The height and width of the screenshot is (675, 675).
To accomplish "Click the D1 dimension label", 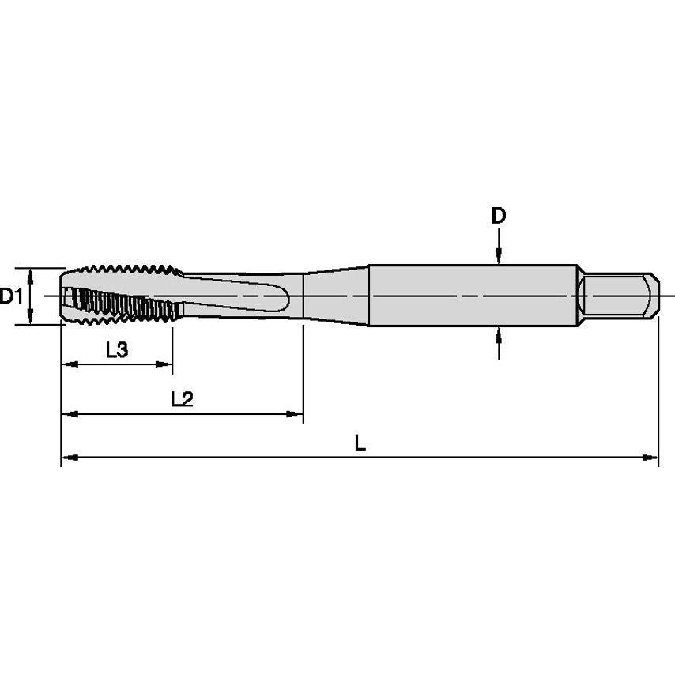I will point(10,297).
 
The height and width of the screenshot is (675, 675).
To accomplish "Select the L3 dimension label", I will point(116,350).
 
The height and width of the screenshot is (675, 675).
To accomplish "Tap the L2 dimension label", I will point(183,399).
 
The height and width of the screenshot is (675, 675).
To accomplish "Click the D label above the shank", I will point(498,217).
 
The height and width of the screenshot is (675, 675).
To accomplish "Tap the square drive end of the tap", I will point(618,296).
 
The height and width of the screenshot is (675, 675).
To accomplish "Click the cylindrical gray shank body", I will point(474,296).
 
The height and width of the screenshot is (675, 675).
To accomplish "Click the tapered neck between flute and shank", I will point(336,296).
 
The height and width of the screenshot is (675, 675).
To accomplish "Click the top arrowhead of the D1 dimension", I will point(30,274).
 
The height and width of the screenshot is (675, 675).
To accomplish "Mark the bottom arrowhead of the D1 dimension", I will point(30,318).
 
